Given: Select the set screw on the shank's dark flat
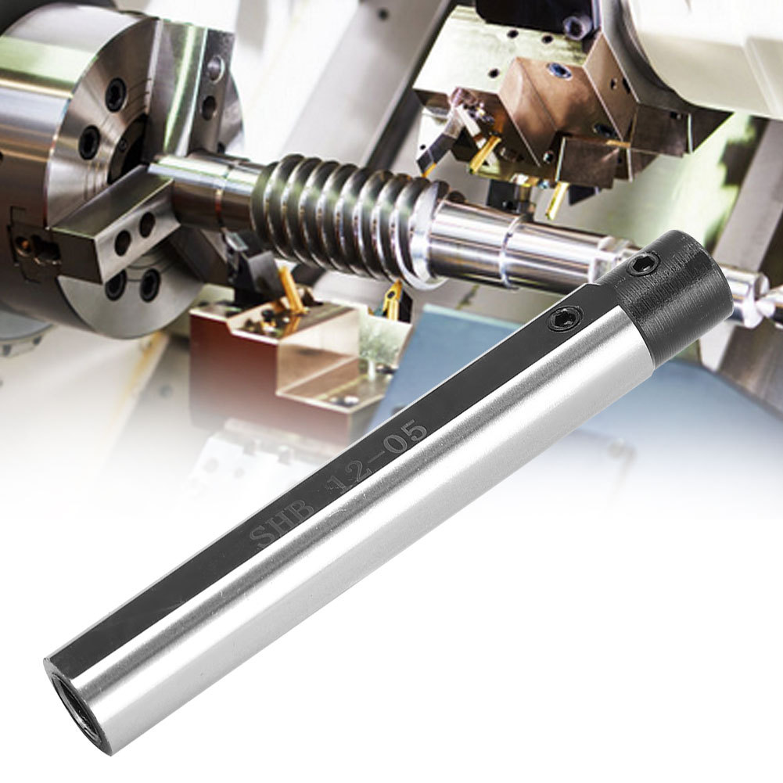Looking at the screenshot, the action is [x=566, y=318].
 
